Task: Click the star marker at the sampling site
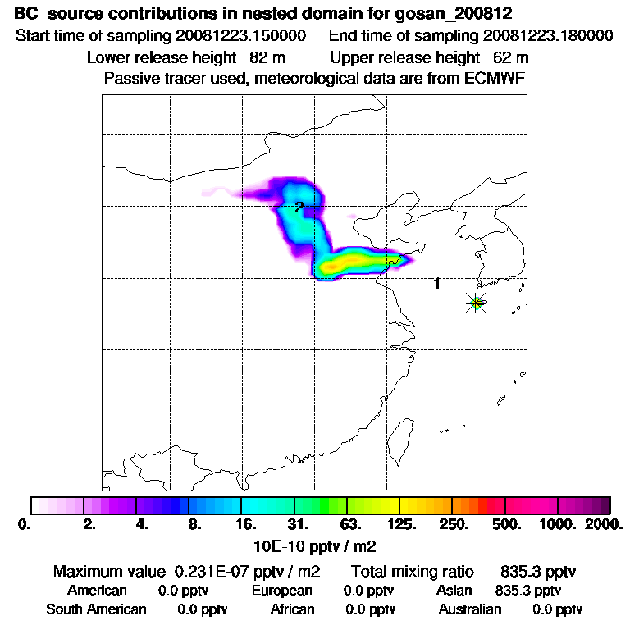[476, 303]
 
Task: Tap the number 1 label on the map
[437, 284]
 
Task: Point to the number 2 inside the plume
[299, 207]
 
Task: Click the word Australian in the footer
[470, 609]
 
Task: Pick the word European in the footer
[281, 591]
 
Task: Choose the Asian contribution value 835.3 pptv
[528, 591]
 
